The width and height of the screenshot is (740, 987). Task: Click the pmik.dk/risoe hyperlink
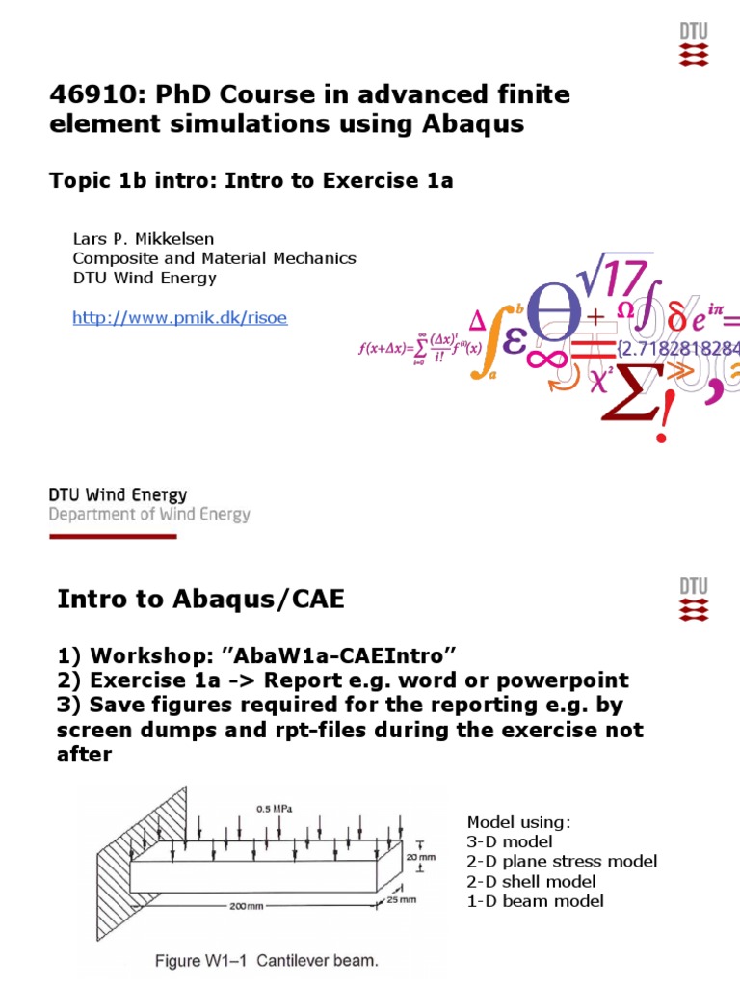pyautogui.click(x=180, y=317)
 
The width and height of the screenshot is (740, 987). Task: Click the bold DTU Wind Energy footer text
pyautogui.click(x=119, y=494)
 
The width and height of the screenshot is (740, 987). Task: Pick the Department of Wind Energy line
pyautogui.click(x=149, y=515)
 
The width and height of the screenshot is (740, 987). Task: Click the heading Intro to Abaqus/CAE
pyautogui.click(x=200, y=600)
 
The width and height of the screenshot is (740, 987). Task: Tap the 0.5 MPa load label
pyautogui.click(x=276, y=807)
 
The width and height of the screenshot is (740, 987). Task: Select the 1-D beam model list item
pyautogui.click(x=535, y=901)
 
